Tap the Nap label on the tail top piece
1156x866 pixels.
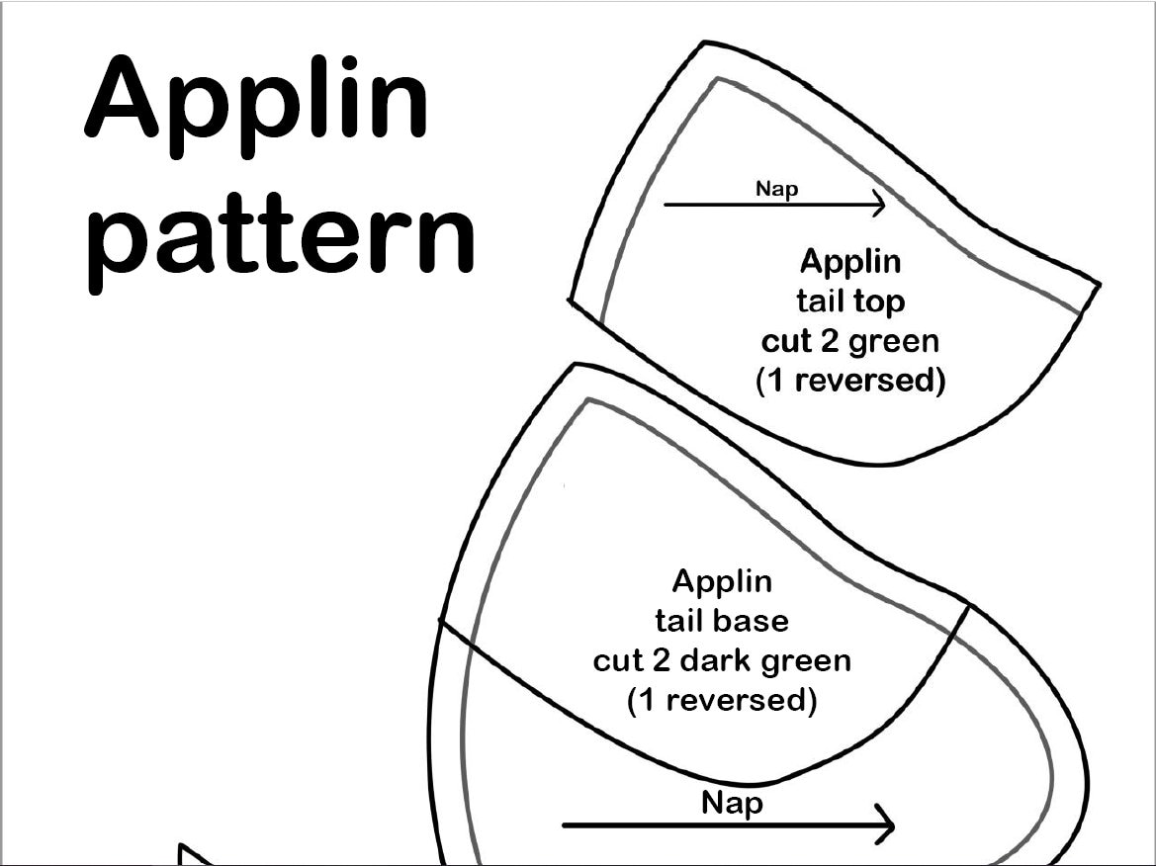[776, 188]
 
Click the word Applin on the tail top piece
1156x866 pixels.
[850, 262]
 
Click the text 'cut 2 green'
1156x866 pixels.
[850, 341]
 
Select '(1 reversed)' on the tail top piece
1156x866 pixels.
[850, 381]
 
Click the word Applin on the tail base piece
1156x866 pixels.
[722, 581]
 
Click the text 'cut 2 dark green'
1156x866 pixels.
[722, 660]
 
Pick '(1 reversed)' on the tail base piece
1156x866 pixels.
[722, 700]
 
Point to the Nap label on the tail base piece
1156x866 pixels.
[733, 802]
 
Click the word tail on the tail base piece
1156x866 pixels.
[678, 621]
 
